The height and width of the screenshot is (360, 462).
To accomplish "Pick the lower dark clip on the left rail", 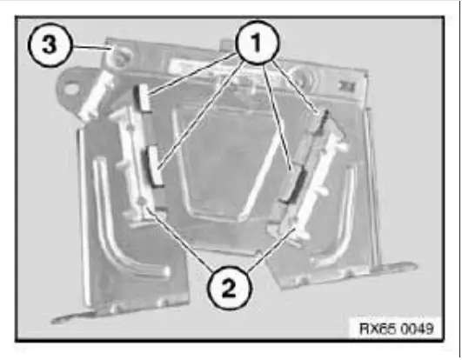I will [156, 165].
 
